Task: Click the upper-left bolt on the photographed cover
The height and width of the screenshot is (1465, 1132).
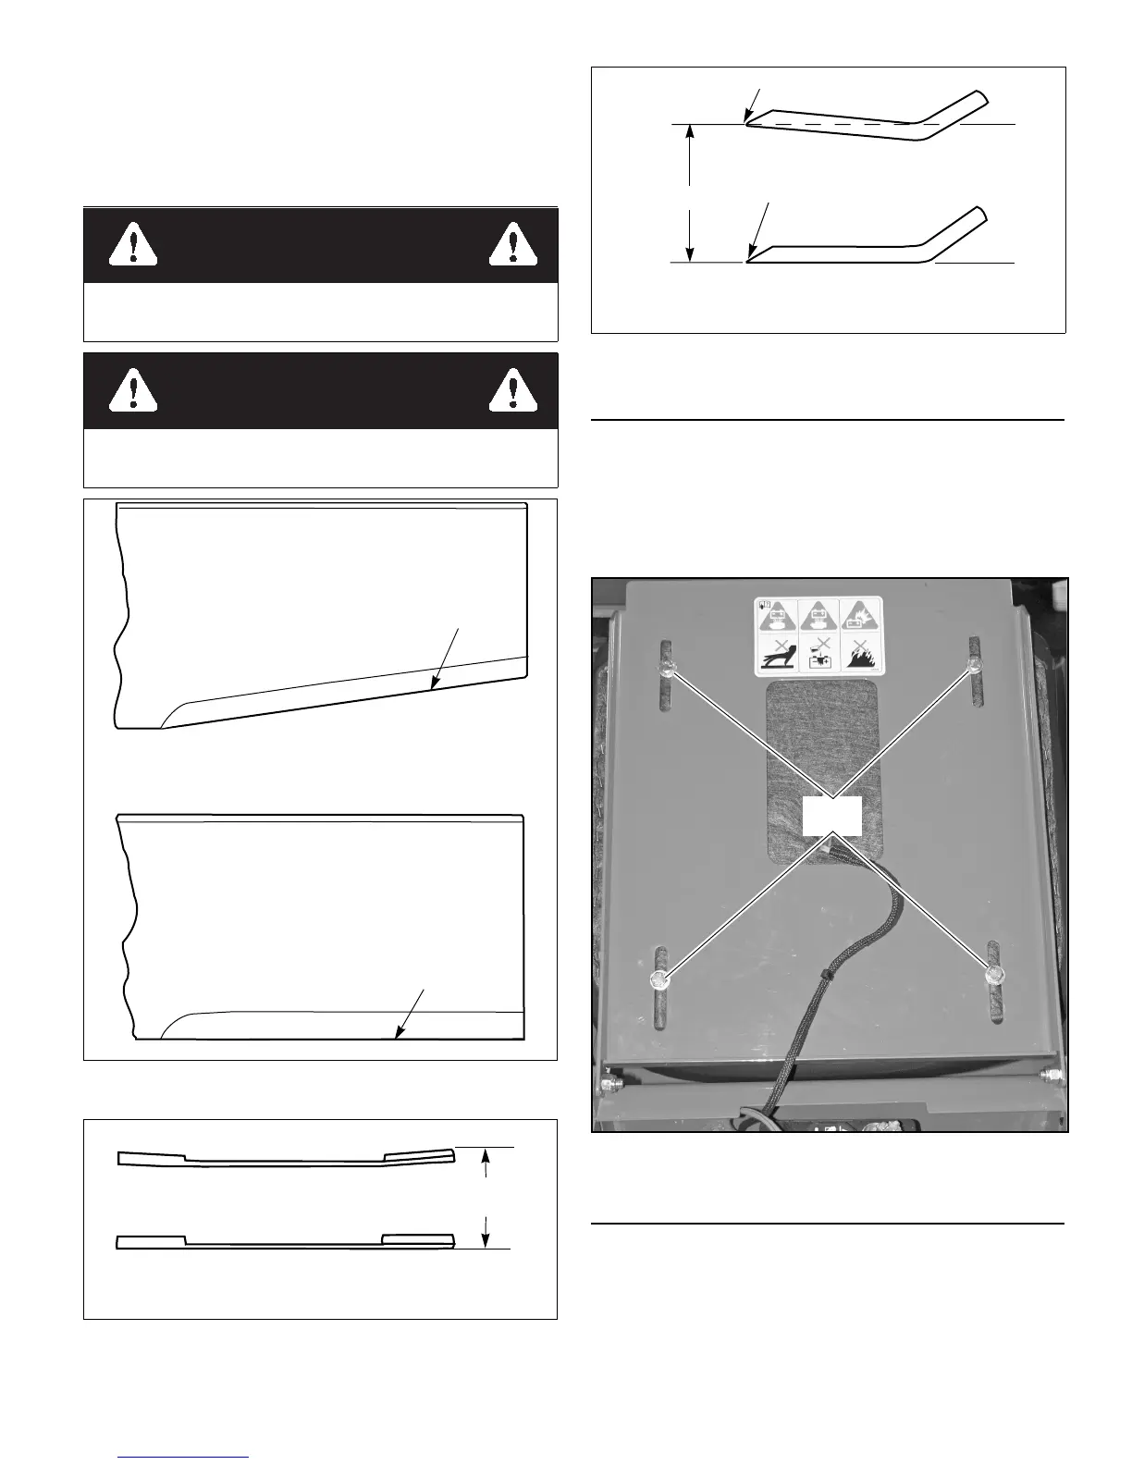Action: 666,669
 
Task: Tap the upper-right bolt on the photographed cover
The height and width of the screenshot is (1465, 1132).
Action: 974,665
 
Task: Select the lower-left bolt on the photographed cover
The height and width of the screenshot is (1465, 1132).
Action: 659,979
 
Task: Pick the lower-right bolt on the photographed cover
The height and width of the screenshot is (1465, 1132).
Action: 995,974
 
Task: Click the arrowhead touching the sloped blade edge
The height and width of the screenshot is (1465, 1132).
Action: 433,686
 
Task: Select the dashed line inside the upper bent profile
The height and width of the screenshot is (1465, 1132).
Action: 832,124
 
